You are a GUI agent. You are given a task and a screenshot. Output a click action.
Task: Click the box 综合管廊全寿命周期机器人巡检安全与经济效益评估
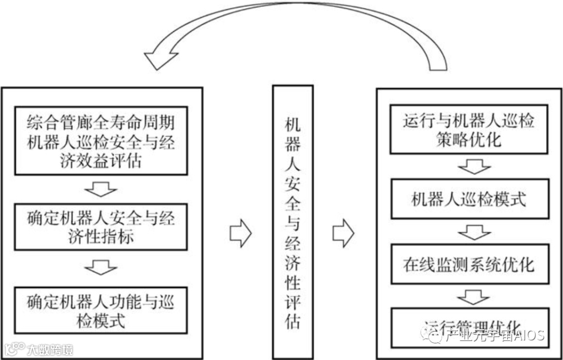click(101, 140)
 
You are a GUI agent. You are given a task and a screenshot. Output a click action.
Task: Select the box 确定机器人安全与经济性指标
click(101, 227)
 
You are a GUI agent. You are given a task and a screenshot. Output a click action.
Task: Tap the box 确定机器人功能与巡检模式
click(101, 310)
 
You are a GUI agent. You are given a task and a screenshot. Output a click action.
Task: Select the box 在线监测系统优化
click(469, 264)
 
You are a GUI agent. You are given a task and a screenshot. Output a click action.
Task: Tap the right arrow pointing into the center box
click(240, 233)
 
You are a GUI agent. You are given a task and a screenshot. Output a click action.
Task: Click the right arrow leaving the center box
click(343, 233)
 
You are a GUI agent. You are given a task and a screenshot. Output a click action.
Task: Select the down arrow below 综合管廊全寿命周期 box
click(101, 189)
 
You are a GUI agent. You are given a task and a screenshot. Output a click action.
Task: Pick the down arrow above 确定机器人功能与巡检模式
click(101, 267)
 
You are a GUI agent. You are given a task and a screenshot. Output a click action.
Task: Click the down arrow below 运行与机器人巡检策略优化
click(474, 166)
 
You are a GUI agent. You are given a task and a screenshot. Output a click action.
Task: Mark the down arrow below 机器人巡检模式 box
click(474, 232)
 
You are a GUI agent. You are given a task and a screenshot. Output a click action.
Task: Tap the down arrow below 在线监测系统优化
click(473, 296)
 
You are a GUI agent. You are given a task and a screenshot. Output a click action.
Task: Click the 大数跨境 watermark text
click(50, 349)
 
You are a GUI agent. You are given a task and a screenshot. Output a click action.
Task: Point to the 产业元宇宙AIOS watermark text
click(493, 335)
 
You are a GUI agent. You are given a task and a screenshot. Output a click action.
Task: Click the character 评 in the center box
click(293, 302)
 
